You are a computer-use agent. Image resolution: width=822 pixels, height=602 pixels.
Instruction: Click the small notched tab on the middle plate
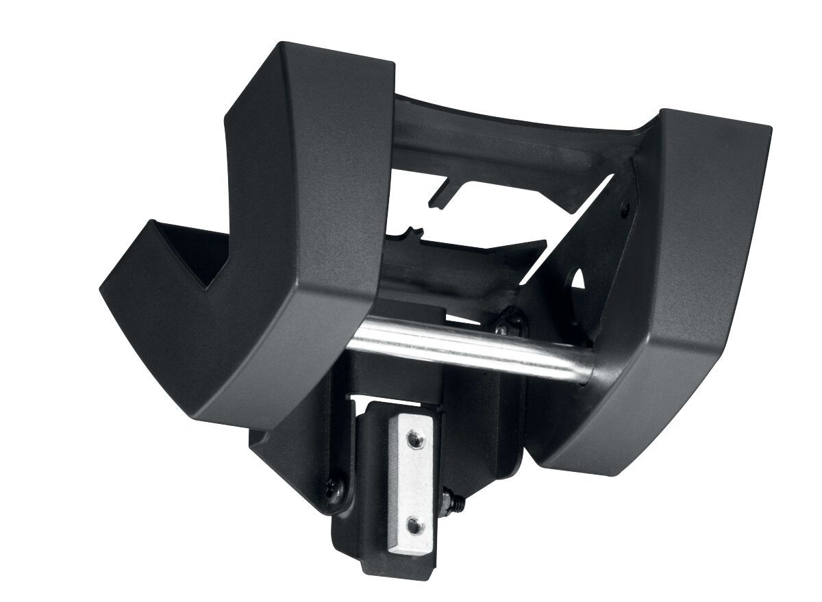tap(412, 231)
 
